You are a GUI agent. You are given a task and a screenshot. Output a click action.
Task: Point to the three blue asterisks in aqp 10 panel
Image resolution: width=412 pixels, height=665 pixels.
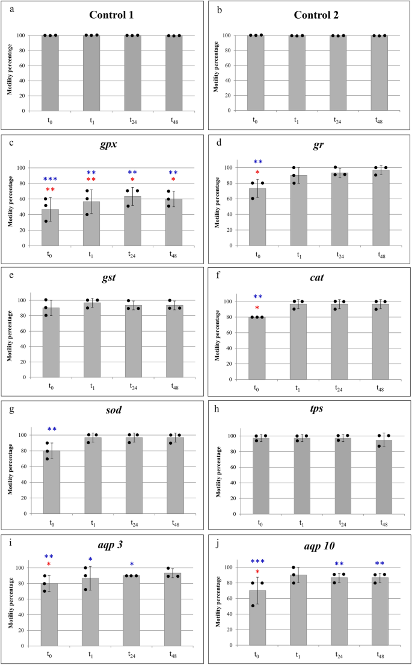pos(257,561)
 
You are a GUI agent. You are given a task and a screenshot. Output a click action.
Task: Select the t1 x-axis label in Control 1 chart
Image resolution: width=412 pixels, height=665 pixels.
pos(91,120)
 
